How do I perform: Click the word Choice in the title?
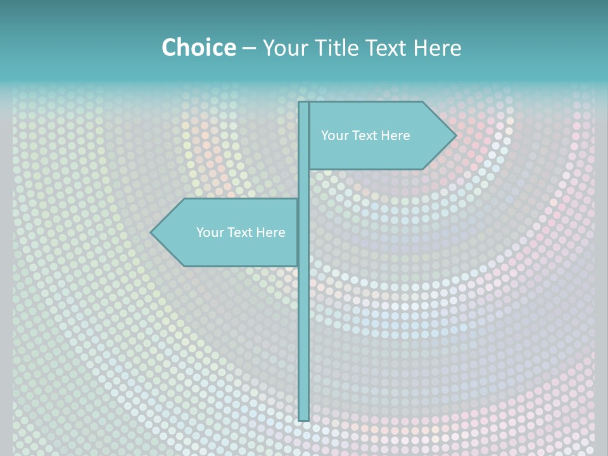click(198, 47)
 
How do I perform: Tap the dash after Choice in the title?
click(249, 48)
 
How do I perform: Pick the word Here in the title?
click(438, 47)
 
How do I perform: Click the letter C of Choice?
click(170, 47)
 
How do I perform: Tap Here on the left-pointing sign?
click(270, 232)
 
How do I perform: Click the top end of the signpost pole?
click(303, 103)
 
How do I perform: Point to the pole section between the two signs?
click(303, 184)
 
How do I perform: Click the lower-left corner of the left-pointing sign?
click(184, 265)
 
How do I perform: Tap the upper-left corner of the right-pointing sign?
click(310, 103)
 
